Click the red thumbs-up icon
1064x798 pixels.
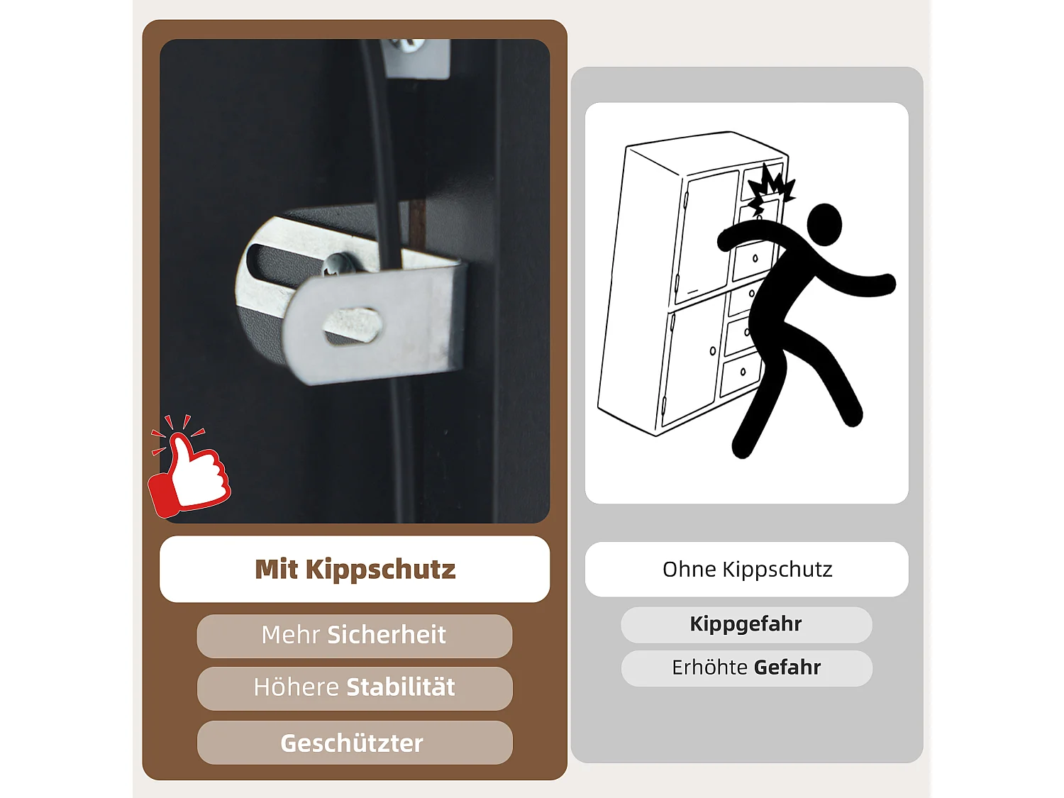(189, 467)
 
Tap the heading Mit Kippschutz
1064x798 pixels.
(355, 569)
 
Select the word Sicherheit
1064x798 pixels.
(387, 635)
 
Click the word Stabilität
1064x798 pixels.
(401, 687)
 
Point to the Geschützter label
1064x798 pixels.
(352, 743)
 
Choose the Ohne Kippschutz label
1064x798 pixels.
(747, 570)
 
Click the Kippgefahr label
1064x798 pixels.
(746, 624)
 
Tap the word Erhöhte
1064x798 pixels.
(710, 667)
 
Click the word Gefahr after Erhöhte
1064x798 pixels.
(787, 667)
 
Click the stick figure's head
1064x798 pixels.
(824, 225)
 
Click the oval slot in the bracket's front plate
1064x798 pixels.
(353, 325)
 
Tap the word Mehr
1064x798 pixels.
(290, 635)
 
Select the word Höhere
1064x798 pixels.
(297, 687)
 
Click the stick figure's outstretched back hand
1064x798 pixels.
(884, 284)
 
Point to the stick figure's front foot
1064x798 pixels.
(743, 445)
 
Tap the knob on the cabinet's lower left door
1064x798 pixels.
(713, 351)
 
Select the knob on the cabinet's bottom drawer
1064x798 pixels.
(743, 372)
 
